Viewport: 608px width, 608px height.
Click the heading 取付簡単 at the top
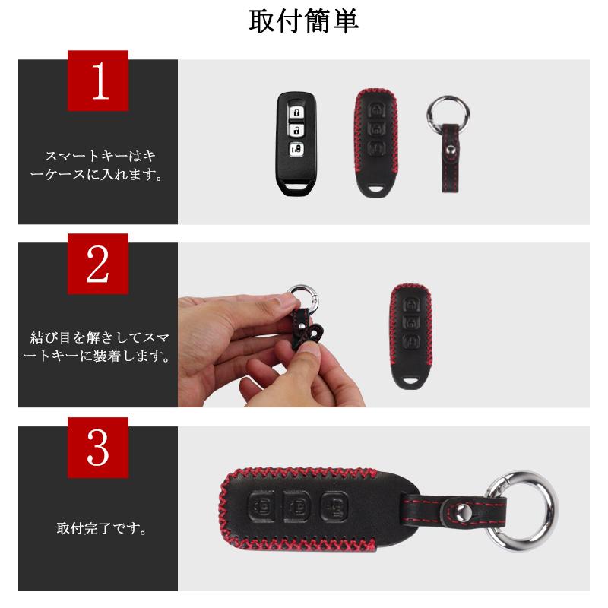tap(304, 22)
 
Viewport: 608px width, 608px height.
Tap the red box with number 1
tap(98, 81)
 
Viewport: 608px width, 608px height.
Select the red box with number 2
tap(98, 264)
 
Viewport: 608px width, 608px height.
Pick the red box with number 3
tap(98, 448)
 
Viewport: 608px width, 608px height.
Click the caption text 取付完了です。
tap(97, 527)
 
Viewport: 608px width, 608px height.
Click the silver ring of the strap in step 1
tap(448, 112)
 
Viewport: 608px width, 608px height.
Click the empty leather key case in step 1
tap(375, 144)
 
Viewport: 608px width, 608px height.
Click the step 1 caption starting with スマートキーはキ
tap(97, 165)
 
